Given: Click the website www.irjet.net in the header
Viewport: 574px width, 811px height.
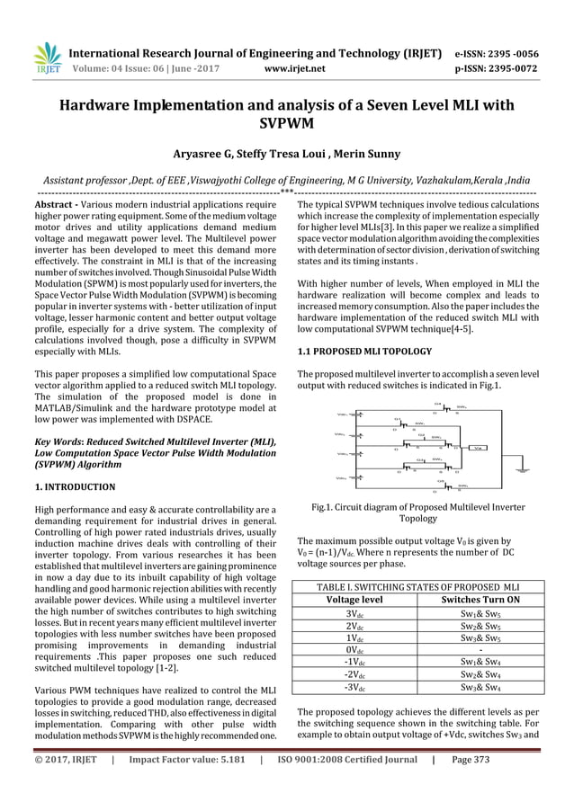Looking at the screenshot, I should [x=295, y=66].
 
